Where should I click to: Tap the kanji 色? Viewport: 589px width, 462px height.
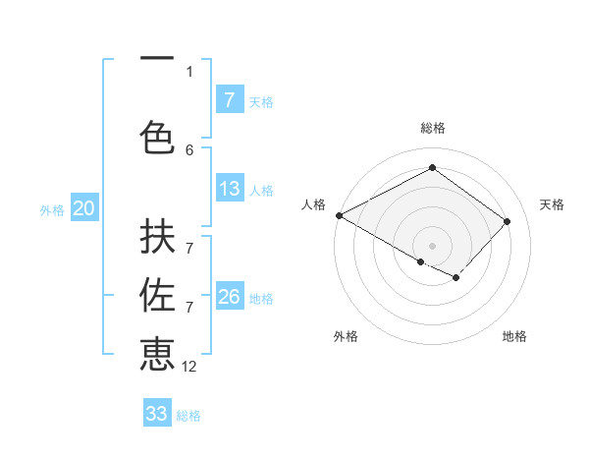pos(157,137)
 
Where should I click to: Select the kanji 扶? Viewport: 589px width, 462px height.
pos(157,240)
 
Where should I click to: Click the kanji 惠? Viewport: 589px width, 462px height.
pos(157,354)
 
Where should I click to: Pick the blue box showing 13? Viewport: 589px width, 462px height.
pos(230,189)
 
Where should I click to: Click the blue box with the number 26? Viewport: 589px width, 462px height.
pos(230,297)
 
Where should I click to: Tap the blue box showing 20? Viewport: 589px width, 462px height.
pos(84,208)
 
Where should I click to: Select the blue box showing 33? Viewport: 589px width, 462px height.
pos(157,414)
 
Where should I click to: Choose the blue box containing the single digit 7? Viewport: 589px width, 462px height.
pos(230,100)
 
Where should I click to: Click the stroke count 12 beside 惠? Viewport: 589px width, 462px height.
pos(189,366)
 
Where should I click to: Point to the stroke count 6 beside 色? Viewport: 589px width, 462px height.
pos(189,149)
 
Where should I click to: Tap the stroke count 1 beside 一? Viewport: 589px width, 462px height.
pos(189,71)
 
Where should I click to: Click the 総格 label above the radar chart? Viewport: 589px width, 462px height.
pos(433,128)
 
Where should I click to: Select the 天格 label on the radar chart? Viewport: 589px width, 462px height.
pos(553,204)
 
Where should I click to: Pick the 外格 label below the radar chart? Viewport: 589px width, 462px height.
pos(346,336)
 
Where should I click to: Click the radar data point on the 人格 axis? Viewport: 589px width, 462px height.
pos(339,214)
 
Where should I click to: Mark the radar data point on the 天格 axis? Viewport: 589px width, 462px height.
pos(507,221)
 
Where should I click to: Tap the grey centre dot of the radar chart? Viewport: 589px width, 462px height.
pos(432,245)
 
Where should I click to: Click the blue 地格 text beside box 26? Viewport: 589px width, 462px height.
pos(262,298)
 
